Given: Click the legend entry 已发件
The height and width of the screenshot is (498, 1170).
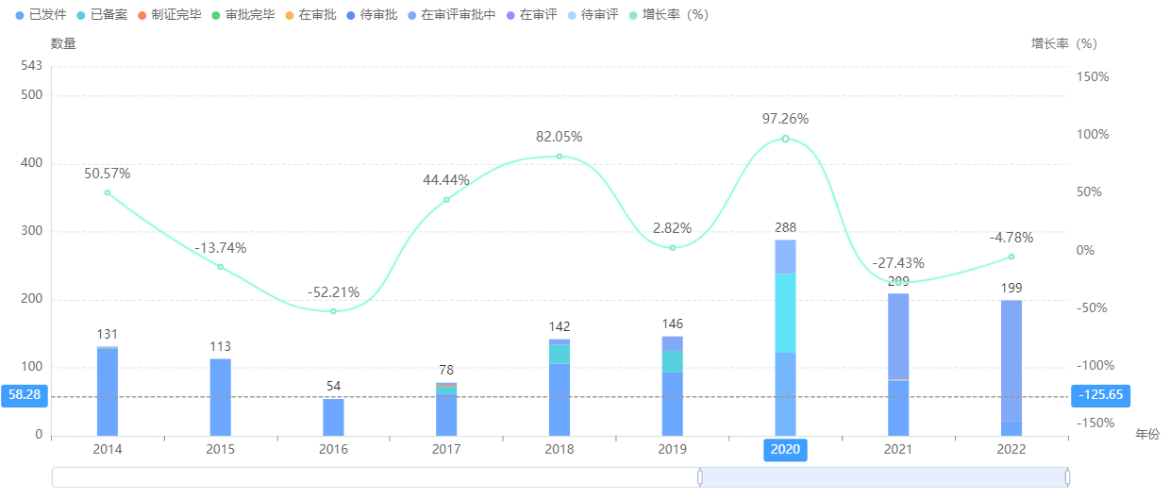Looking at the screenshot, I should [x=34, y=15].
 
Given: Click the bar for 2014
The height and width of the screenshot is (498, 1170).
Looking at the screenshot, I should [x=108, y=390].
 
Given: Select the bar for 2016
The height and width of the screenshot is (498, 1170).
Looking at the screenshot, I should [x=333, y=417].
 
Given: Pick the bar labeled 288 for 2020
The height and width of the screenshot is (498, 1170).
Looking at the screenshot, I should [x=785, y=337].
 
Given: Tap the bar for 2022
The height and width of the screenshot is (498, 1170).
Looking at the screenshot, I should [x=1011, y=367].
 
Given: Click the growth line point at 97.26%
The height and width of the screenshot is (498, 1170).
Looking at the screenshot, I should [x=785, y=139].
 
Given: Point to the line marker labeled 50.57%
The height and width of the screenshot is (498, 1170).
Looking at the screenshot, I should [x=108, y=192].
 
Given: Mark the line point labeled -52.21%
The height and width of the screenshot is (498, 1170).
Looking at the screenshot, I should [x=333, y=311].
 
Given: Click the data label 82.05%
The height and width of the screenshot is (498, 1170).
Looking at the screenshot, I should [x=559, y=137].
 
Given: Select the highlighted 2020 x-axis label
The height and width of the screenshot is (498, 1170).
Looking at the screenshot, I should [x=785, y=450].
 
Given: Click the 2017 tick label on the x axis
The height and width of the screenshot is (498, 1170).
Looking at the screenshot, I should [x=446, y=450].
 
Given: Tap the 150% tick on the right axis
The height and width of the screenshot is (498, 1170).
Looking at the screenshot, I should [x=1093, y=76].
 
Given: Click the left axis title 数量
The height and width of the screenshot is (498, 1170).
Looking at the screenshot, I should [x=64, y=43].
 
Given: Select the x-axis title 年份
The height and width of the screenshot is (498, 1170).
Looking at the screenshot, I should [x=1146, y=435].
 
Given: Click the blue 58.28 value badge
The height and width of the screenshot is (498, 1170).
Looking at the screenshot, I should [x=25, y=395].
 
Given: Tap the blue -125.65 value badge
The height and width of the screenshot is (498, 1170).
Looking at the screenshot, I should [x=1101, y=395].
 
